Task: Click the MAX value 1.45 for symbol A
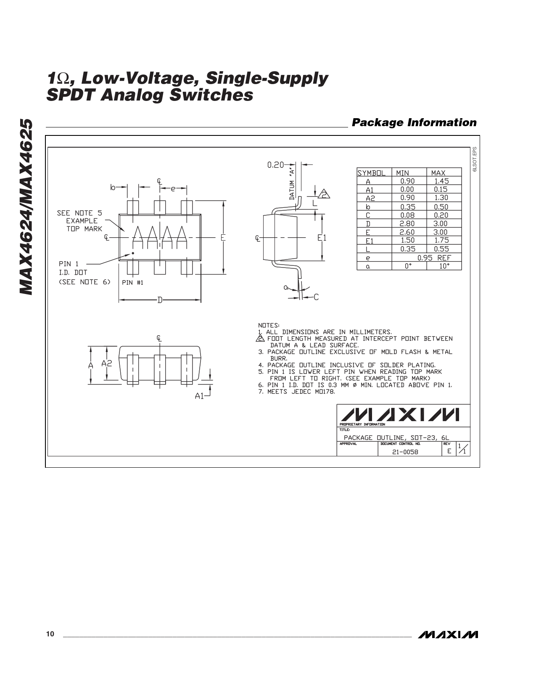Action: (441, 181)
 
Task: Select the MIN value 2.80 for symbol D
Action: (407, 224)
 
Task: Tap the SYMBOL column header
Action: (371, 173)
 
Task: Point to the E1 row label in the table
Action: (370, 241)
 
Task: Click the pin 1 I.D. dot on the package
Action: (133, 253)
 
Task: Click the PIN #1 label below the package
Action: (132, 283)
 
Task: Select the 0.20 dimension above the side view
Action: (275, 165)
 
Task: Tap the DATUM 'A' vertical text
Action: (292, 184)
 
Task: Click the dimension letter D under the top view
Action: (160, 300)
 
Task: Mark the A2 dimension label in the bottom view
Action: (107, 363)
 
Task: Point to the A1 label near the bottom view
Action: (199, 396)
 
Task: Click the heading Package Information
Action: (414, 122)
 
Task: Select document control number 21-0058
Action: (405, 452)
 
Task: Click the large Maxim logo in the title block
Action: (400, 415)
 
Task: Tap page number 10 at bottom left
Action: (50, 634)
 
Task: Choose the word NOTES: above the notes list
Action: (269, 325)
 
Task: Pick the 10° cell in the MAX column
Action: (444, 266)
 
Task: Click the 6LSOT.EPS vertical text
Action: (474, 159)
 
